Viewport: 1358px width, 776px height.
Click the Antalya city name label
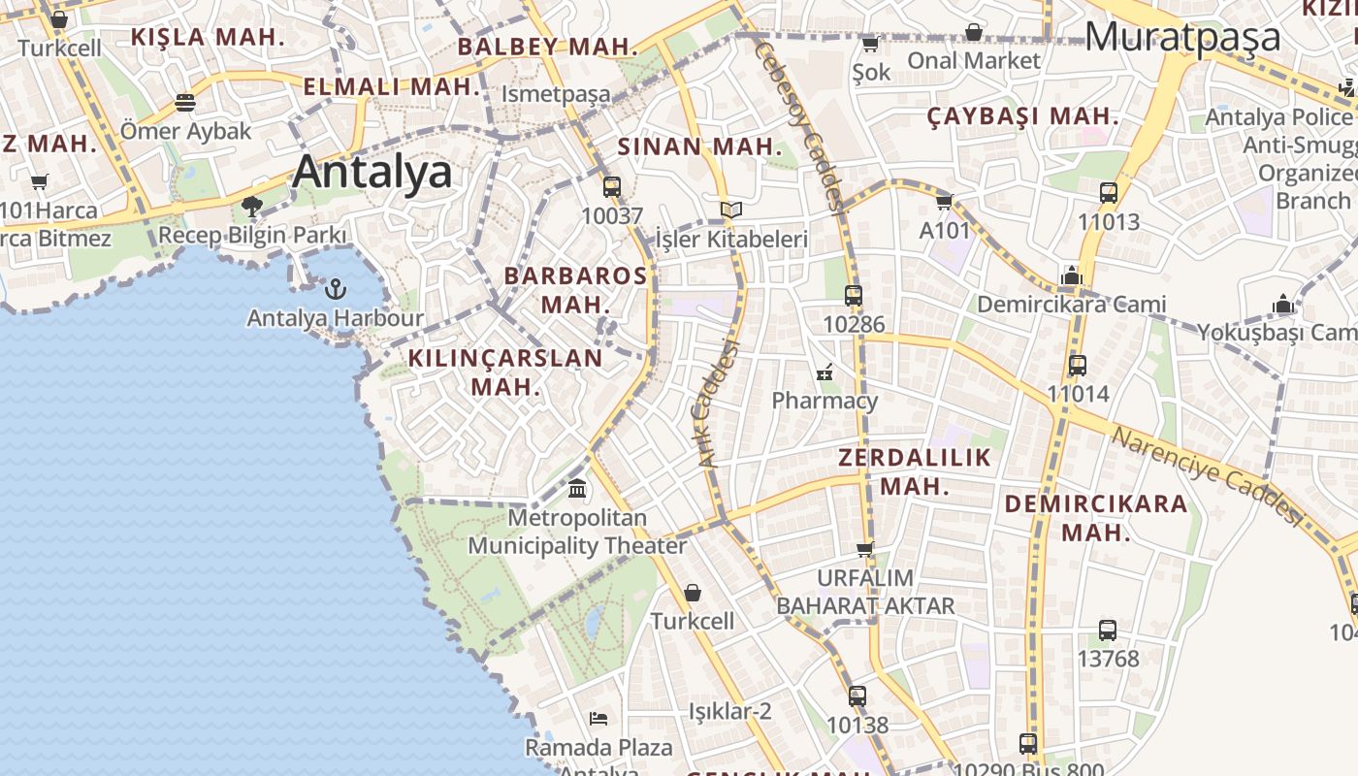tap(372, 172)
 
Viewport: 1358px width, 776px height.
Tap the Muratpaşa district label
tap(1182, 37)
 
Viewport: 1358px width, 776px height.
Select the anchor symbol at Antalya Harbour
tap(335, 288)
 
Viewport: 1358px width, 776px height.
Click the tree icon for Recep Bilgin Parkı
tap(252, 206)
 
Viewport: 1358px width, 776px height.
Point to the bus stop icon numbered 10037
tap(611, 187)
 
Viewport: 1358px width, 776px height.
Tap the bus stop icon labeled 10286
tap(854, 296)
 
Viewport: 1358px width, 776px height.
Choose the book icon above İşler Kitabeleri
tap(730, 210)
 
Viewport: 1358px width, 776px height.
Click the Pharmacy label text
tap(824, 401)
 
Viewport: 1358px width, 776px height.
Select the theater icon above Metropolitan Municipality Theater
tap(577, 488)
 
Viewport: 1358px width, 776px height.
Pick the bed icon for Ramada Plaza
tap(598, 719)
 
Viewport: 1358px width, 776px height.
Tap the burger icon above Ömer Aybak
tap(185, 103)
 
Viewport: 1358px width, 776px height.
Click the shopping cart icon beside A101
tap(944, 202)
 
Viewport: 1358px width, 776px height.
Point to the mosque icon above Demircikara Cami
tap(1071, 275)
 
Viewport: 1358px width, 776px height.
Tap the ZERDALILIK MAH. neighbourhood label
tap(915, 471)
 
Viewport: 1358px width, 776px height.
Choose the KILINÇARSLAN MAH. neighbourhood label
tap(505, 372)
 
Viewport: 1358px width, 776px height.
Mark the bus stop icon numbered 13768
tap(1108, 630)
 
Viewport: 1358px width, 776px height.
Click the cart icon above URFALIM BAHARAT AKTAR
tap(864, 550)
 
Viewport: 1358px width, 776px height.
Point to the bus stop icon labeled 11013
tap(1109, 193)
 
